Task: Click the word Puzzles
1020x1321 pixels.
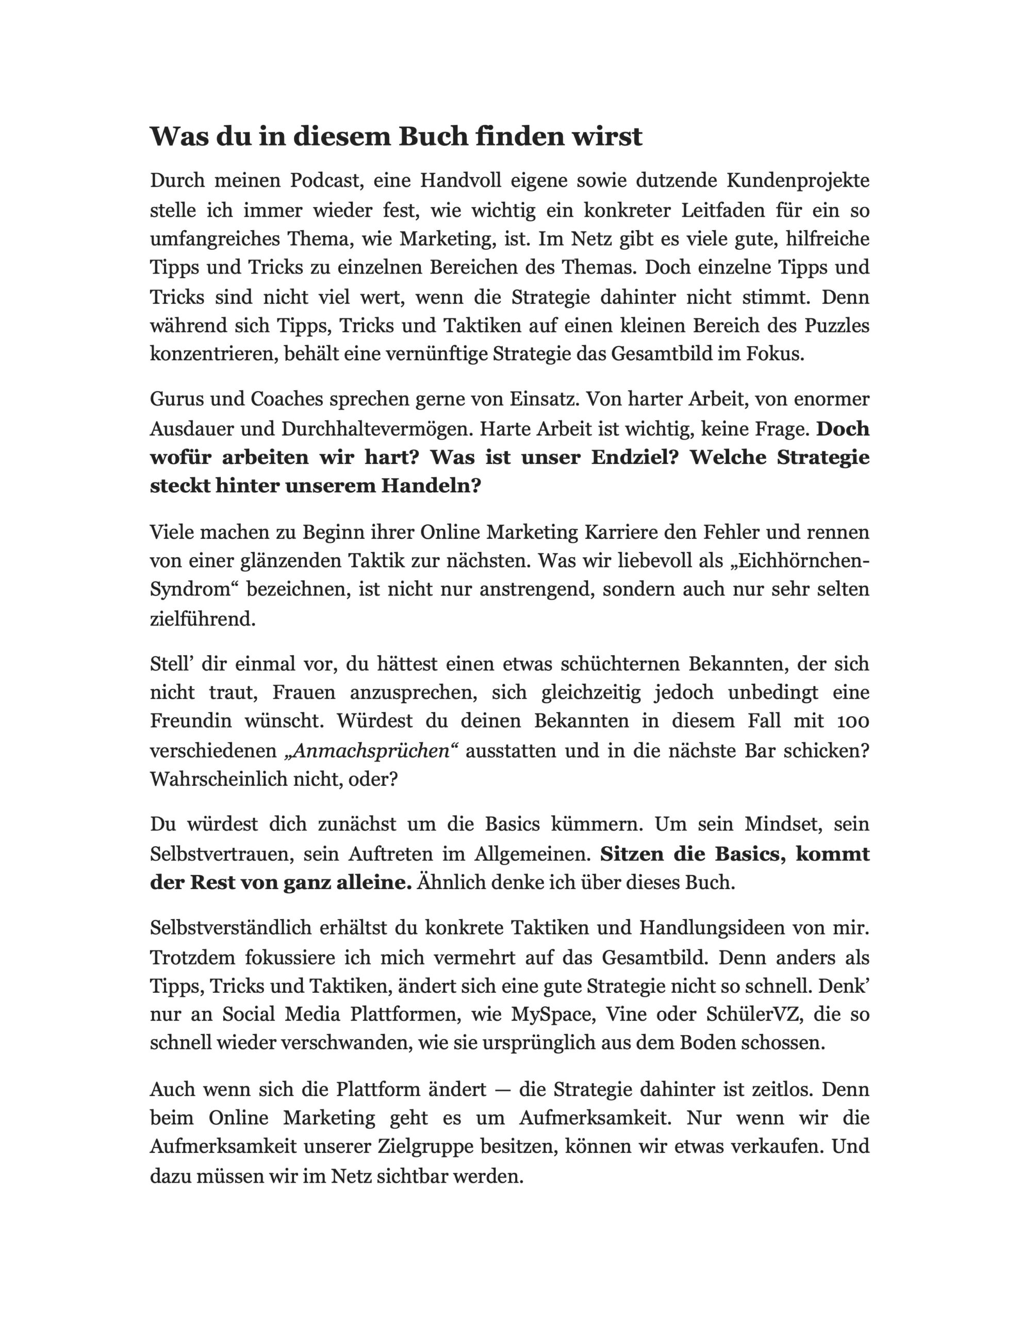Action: click(836, 326)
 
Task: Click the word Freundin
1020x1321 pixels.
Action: click(190, 721)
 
